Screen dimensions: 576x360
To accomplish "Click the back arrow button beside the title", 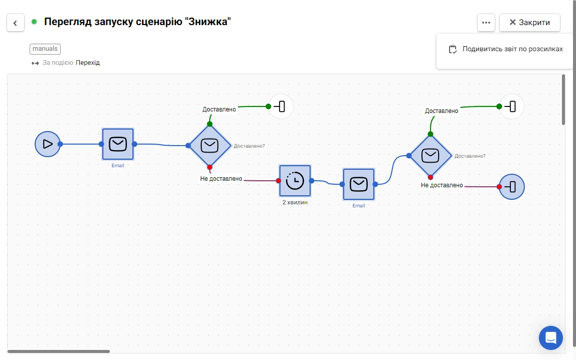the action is coord(16,23).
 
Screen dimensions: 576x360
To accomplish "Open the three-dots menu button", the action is coord(486,23).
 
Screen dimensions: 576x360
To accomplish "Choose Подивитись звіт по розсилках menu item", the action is coord(506,49).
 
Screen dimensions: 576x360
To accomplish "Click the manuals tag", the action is coord(45,49).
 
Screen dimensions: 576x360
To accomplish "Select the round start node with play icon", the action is coord(47,144).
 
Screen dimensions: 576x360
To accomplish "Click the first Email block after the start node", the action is coord(118,144).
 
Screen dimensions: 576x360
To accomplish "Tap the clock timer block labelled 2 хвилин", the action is coord(295,181).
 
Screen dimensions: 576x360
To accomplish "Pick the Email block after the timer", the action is coord(359,184).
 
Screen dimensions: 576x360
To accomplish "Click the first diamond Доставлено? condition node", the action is coord(210,146).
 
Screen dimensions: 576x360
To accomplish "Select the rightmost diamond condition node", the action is coord(430,156).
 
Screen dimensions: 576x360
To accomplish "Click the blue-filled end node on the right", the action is coord(512,187).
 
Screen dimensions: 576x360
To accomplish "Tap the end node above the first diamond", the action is coord(281,106).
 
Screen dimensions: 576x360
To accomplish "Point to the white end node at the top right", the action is coord(512,106).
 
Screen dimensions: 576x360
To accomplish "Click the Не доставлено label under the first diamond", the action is coord(221,179).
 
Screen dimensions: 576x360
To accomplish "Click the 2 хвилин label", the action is coord(295,202).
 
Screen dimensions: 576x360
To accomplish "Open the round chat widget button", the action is coord(550,337).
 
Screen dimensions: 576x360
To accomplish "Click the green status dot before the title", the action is coord(34,22).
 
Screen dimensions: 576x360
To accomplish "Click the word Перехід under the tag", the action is coord(88,63).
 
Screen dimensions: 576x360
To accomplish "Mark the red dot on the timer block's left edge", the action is coord(278,181).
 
